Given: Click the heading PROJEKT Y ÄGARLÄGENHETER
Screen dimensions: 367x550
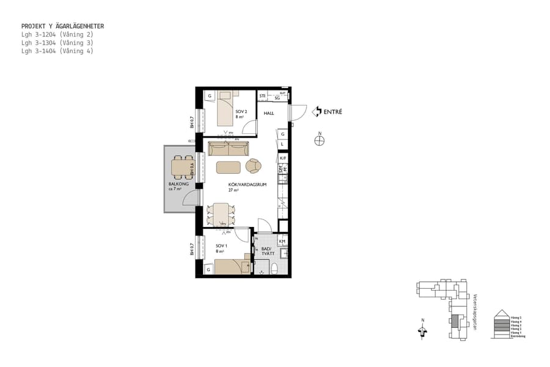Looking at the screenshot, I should pyautogui.click(x=62, y=26).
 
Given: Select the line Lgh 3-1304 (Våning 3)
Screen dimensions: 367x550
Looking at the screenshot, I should pyautogui.click(x=57, y=43).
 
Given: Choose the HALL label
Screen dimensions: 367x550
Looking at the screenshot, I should pyautogui.click(x=269, y=113).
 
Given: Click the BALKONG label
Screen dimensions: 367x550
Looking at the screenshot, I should pyautogui.click(x=178, y=185).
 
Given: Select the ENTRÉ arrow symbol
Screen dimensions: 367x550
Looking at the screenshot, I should pyautogui.click(x=317, y=111).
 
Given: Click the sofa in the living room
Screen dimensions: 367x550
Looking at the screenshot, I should pyautogui.click(x=228, y=149).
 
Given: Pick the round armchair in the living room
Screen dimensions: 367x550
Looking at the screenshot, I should pyautogui.click(x=254, y=166).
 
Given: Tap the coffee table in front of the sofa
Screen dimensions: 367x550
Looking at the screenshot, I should pyautogui.click(x=228, y=167).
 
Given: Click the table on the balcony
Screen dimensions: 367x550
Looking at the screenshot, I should pyautogui.click(x=180, y=166).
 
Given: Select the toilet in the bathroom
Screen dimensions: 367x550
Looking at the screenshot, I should pyautogui.click(x=274, y=269).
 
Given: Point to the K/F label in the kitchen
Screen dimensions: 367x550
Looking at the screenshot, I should pyautogui.click(x=283, y=158).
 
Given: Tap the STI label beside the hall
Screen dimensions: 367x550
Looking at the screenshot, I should pyautogui.click(x=263, y=96).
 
